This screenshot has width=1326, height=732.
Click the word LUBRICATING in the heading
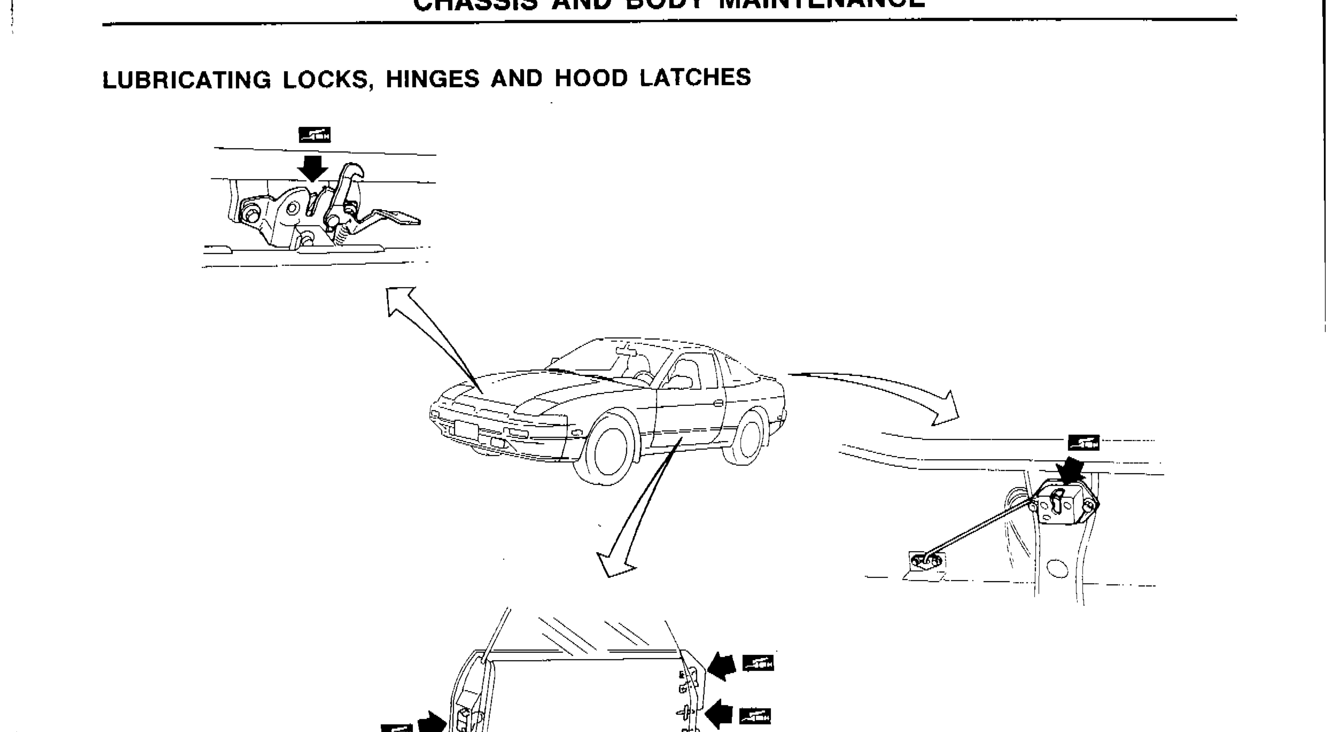coord(186,80)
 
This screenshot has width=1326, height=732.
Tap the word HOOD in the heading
coord(591,78)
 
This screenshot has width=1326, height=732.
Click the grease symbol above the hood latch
coord(315,135)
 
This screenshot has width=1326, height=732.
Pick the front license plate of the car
coord(466,430)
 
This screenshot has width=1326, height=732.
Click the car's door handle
coord(719,403)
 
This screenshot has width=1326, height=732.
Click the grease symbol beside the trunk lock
coord(1083,442)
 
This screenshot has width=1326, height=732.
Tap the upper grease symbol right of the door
coord(758,663)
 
